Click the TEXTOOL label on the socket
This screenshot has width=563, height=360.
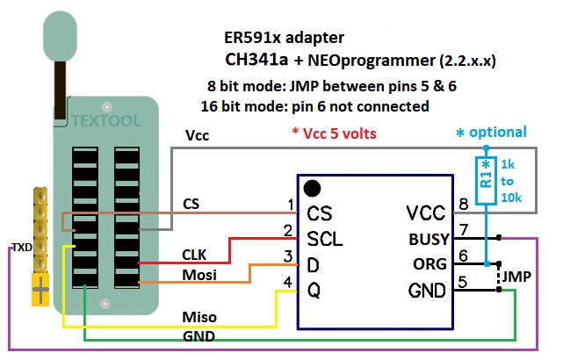(x=105, y=120)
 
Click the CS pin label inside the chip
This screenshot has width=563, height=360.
(x=319, y=212)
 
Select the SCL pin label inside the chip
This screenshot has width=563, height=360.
(x=325, y=238)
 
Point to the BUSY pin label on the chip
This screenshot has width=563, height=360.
(x=429, y=238)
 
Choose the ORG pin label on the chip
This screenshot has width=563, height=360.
(x=429, y=264)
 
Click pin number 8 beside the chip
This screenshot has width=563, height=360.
(x=464, y=205)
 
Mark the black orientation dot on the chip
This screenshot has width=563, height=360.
(x=311, y=188)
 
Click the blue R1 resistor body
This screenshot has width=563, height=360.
(x=486, y=180)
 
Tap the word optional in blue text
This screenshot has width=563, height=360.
(x=497, y=133)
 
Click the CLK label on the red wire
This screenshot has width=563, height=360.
(x=194, y=255)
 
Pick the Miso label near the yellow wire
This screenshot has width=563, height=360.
(x=198, y=316)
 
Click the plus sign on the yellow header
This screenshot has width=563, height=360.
(x=40, y=286)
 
